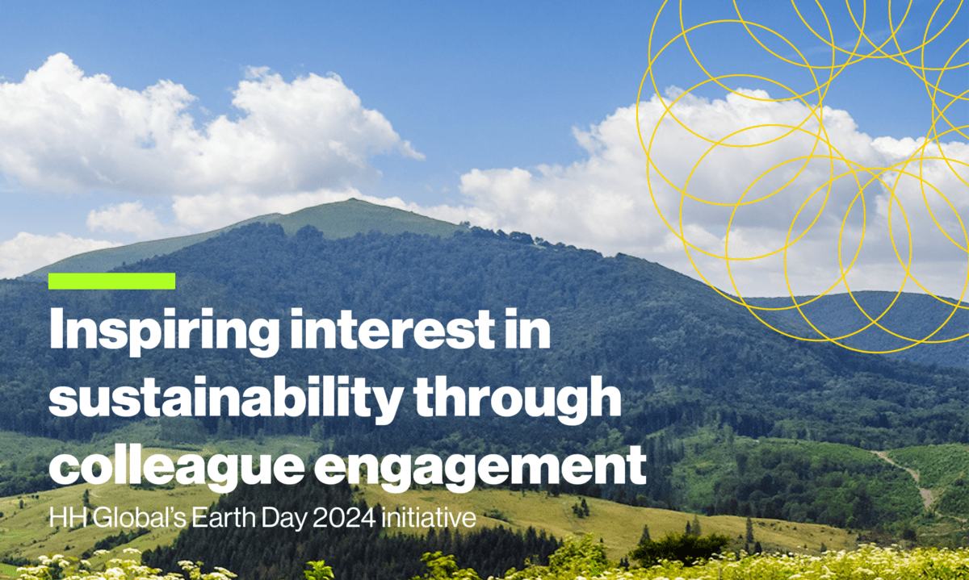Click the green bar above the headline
tap(111, 281)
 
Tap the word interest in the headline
tap(392, 328)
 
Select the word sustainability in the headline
tap(226, 400)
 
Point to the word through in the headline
tap(518, 400)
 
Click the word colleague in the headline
tap(177, 468)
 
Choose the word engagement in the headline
tap(480, 468)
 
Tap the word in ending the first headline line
tap(529, 328)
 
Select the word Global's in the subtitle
tap(139, 517)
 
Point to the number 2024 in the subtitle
tap(344, 517)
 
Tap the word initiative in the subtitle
tap(429, 517)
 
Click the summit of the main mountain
tap(353, 200)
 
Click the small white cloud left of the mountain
tap(124, 219)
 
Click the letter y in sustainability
tap(386, 407)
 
